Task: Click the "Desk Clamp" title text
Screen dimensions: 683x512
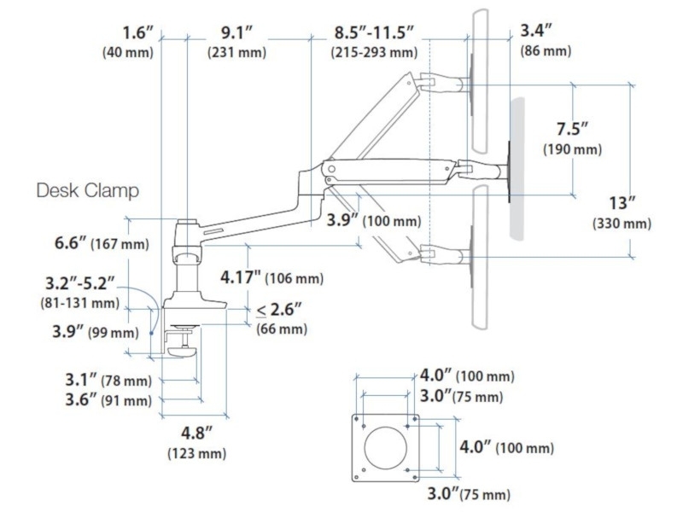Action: tap(88, 190)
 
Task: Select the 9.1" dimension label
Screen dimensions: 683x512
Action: tap(236, 33)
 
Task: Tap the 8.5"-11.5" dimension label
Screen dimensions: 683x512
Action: tap(374, 33)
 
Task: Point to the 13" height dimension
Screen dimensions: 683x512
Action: tap(622, 203)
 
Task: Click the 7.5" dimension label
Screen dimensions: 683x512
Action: tap(572, 130)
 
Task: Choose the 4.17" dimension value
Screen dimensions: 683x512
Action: tap(241, 277)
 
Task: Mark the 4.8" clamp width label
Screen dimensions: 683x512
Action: tap(197, 433)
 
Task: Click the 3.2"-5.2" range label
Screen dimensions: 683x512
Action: tap(80, 283)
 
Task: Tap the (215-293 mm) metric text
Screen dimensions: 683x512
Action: tap(374, 53)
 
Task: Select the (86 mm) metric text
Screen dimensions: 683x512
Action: tap(546, 51)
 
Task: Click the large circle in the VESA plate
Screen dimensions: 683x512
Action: tap(386, 448)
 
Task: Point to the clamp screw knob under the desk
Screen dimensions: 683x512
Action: tap(183, 352)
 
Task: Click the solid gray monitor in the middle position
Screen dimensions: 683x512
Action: tap(517, 169)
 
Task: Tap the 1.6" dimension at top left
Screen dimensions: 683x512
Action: tap(138, 33)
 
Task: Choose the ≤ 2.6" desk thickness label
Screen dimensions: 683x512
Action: tap(279, 310)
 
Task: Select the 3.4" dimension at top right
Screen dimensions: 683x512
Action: tap(536, 32)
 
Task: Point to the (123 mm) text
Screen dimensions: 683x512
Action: tap(197, 454)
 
